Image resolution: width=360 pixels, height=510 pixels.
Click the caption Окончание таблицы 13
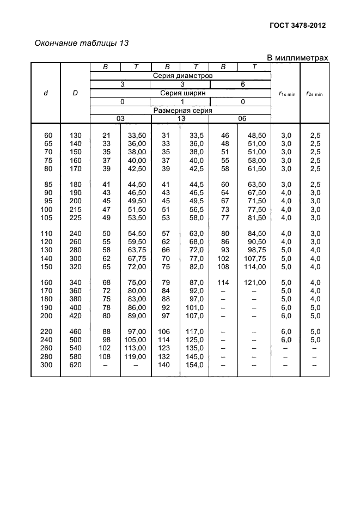click(81, 43)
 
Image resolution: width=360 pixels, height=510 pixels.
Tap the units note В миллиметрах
click(297, 58)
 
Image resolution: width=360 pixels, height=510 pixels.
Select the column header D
click(75, 93)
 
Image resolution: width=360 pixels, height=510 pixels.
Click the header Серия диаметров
click(180, 76)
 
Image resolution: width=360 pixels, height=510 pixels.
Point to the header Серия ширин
click(180, 93)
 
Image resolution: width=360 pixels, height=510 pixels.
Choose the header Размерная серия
click(180, 110)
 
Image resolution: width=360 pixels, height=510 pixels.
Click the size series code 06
click(241, 118)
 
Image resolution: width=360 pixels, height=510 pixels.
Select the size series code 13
click(180, 118)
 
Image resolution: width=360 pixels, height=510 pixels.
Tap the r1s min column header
click(286, 94)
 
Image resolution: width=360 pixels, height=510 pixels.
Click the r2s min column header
click(314, 94)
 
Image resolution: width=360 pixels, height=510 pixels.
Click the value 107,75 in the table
click(255, 258)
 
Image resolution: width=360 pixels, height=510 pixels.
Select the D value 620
click(75, 365)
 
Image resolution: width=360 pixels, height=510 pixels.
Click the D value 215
click(75, 209)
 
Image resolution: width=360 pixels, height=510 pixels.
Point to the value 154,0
click(194, 365)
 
